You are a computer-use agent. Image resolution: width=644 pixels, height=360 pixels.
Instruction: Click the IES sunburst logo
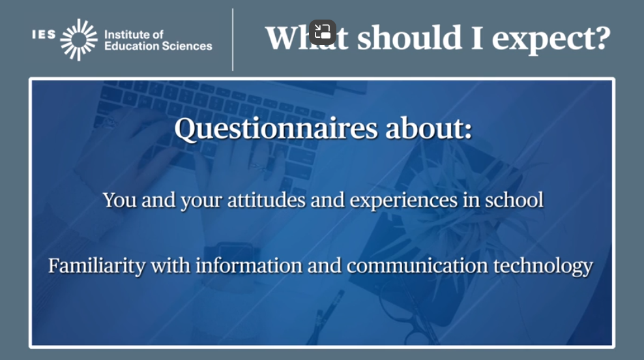coord(79,40)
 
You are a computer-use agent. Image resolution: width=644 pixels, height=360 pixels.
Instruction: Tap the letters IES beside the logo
coord(44,35)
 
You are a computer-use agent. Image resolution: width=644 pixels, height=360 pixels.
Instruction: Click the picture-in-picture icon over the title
coord(323,32)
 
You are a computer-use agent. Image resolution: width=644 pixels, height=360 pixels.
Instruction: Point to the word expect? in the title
coord(551,39)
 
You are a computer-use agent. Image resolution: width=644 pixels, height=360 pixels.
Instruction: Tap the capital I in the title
coord(477,38)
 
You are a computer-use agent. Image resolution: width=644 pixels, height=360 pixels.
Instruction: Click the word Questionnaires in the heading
coord(276,128)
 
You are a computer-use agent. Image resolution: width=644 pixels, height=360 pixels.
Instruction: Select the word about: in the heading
coord(428,128)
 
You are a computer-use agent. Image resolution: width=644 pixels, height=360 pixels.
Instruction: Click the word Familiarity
coord(96,266)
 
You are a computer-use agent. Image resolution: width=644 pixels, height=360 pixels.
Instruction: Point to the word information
coord(249,265)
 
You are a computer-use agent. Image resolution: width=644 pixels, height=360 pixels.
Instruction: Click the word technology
coord(543,266)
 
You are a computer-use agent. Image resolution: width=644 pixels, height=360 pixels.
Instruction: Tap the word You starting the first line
coord(119,200)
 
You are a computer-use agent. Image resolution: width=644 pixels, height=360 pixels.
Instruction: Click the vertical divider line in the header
coord(233,39)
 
